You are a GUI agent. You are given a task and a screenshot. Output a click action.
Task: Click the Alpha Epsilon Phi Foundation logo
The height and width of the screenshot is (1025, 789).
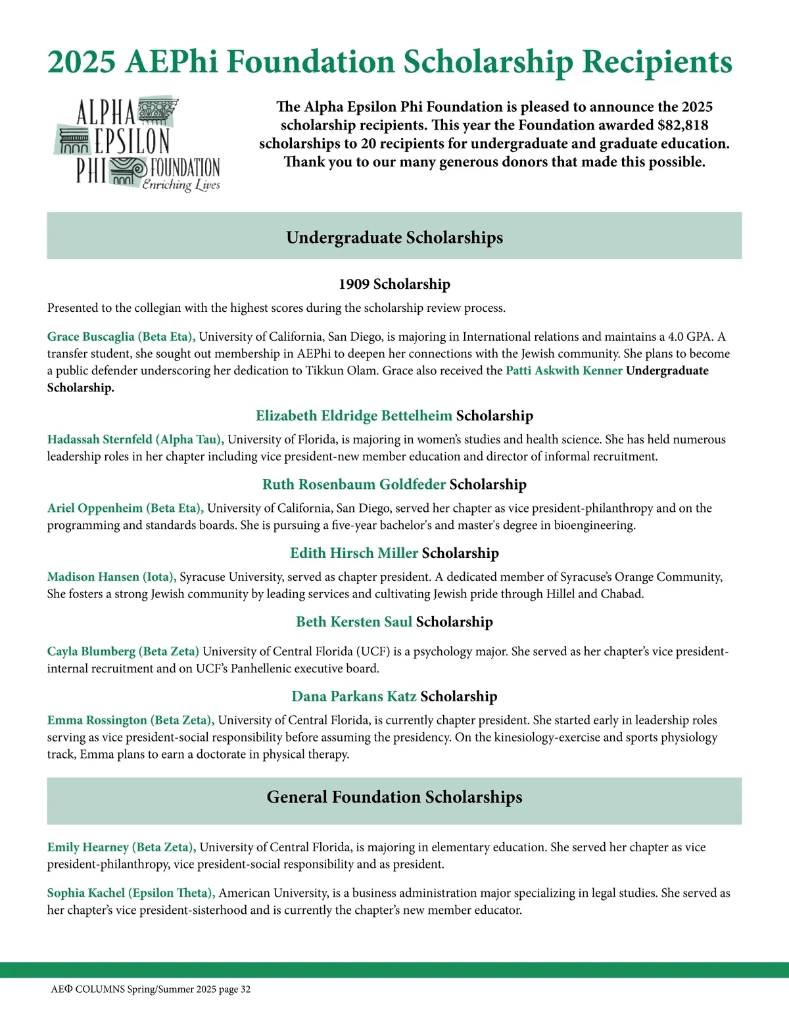pos(138,145)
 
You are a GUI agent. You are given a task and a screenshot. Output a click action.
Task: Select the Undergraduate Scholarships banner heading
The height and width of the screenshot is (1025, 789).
pos(394,238)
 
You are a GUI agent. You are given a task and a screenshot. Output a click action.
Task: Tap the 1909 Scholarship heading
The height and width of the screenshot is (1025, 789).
pos(394,284)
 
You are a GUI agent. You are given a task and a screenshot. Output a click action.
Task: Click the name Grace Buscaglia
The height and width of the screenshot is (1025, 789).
pos(91,337)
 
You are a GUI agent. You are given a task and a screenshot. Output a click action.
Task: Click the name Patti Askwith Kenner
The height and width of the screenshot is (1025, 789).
pos(563,370)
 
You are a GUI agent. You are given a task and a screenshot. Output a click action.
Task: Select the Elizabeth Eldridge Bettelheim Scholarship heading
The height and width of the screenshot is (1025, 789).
pos(394,416)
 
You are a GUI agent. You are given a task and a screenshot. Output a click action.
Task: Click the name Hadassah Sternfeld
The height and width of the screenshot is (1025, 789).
pos(100,439)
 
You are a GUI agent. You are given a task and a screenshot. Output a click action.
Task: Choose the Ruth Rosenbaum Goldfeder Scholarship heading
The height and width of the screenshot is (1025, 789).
pos(394,484)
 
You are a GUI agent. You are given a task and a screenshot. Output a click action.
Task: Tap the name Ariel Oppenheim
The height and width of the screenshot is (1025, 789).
pos(95,508)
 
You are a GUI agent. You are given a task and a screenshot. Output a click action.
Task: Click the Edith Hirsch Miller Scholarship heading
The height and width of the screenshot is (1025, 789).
pos(394,553)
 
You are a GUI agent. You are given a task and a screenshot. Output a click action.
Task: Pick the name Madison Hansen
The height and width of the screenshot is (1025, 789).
pos(93,577)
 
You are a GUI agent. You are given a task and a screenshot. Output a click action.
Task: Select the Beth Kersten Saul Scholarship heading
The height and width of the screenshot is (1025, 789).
pos(394,622)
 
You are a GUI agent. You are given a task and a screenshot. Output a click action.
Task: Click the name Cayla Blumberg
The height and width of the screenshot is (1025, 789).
pos(91,651)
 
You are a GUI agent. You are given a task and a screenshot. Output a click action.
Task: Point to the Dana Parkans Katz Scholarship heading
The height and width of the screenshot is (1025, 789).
pos(394,696)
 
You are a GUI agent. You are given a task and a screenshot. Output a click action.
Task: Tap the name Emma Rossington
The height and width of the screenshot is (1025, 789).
pos(97,720)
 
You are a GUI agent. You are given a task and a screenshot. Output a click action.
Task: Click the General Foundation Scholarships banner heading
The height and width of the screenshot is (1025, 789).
pos(394,797)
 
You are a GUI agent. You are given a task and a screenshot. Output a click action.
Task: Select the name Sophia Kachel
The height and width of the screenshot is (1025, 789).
pos(86,893)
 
